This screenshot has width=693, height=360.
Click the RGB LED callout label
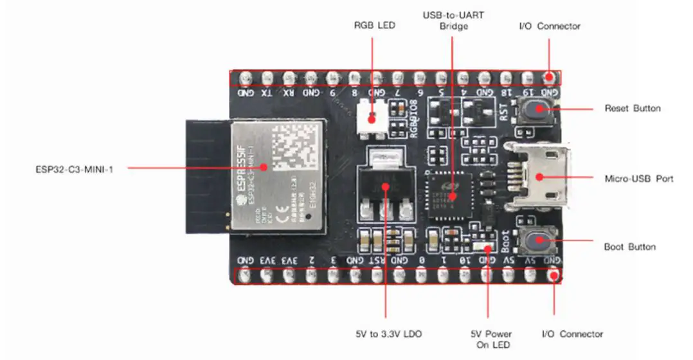[x=374, y=26]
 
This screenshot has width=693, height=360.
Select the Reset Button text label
[x=632, y=108]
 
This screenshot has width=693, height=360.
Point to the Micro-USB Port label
[x=639, y=178]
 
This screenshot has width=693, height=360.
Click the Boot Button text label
[x=629, y=247]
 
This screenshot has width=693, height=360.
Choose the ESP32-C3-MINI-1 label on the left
[x=75, y=169]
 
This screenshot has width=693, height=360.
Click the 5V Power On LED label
[x=491, y=339]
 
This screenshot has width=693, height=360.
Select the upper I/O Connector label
[x=549, y=26]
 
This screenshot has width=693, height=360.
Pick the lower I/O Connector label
[x=572, y=334]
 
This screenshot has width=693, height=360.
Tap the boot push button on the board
[x=536, y=241]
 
